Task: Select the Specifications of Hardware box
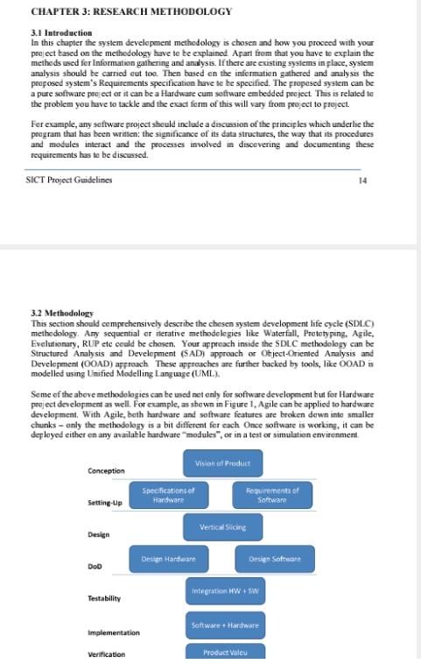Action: (x=169, y=495)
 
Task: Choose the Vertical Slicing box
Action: (x=223, y=527)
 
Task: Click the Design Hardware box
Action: (x=169, y=559)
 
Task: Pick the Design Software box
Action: (x=275, y=559)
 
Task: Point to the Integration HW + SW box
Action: (x=224, y=592)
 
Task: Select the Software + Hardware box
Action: (x=224, y=625)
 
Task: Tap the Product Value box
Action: (x=224, y=653)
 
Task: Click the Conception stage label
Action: (x=107, y=471)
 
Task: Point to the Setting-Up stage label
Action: (x=105, y=503)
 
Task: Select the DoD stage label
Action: (x=95, y=567)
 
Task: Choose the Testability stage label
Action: (x=104, y=598)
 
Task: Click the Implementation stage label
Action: (x=114, y=632)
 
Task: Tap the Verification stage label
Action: (x=107, y=654)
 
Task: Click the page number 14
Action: (x=363, y=180)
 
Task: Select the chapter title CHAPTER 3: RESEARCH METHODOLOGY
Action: (x=131, y=11)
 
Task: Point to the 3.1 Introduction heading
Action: (x=61, y=33)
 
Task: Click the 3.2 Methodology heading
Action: (x=62, y=313)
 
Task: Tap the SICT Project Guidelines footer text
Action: (x=70, y=180)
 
